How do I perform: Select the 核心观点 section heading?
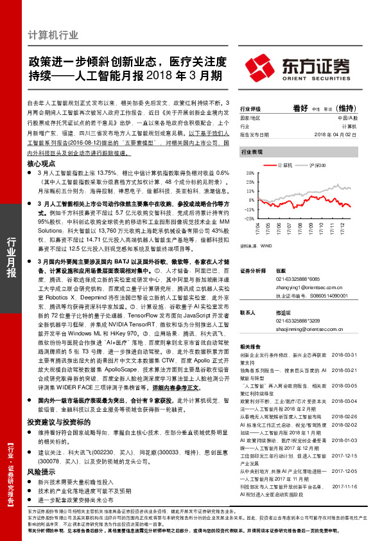pos(42,164)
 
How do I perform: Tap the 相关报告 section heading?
pos(250,345)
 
